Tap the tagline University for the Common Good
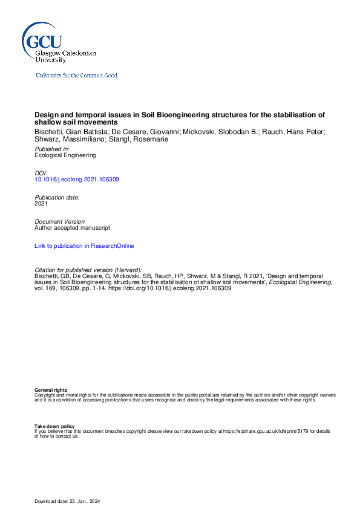coord(76,76)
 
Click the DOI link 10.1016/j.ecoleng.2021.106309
coord(77,180)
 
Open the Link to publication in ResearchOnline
coord(84,246)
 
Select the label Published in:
coord(51,149)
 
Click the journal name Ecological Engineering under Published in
coord(65,155)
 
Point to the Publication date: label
coord(57,198)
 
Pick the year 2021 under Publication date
coord(41,204)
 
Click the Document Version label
coord(59,222)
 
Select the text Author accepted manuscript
coord(72,228)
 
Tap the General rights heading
coord(51,391)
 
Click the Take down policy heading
coord(54,426)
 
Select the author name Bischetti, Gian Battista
coord(69,131)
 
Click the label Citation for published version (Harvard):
coord(89,270)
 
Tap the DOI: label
coord(41,173)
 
